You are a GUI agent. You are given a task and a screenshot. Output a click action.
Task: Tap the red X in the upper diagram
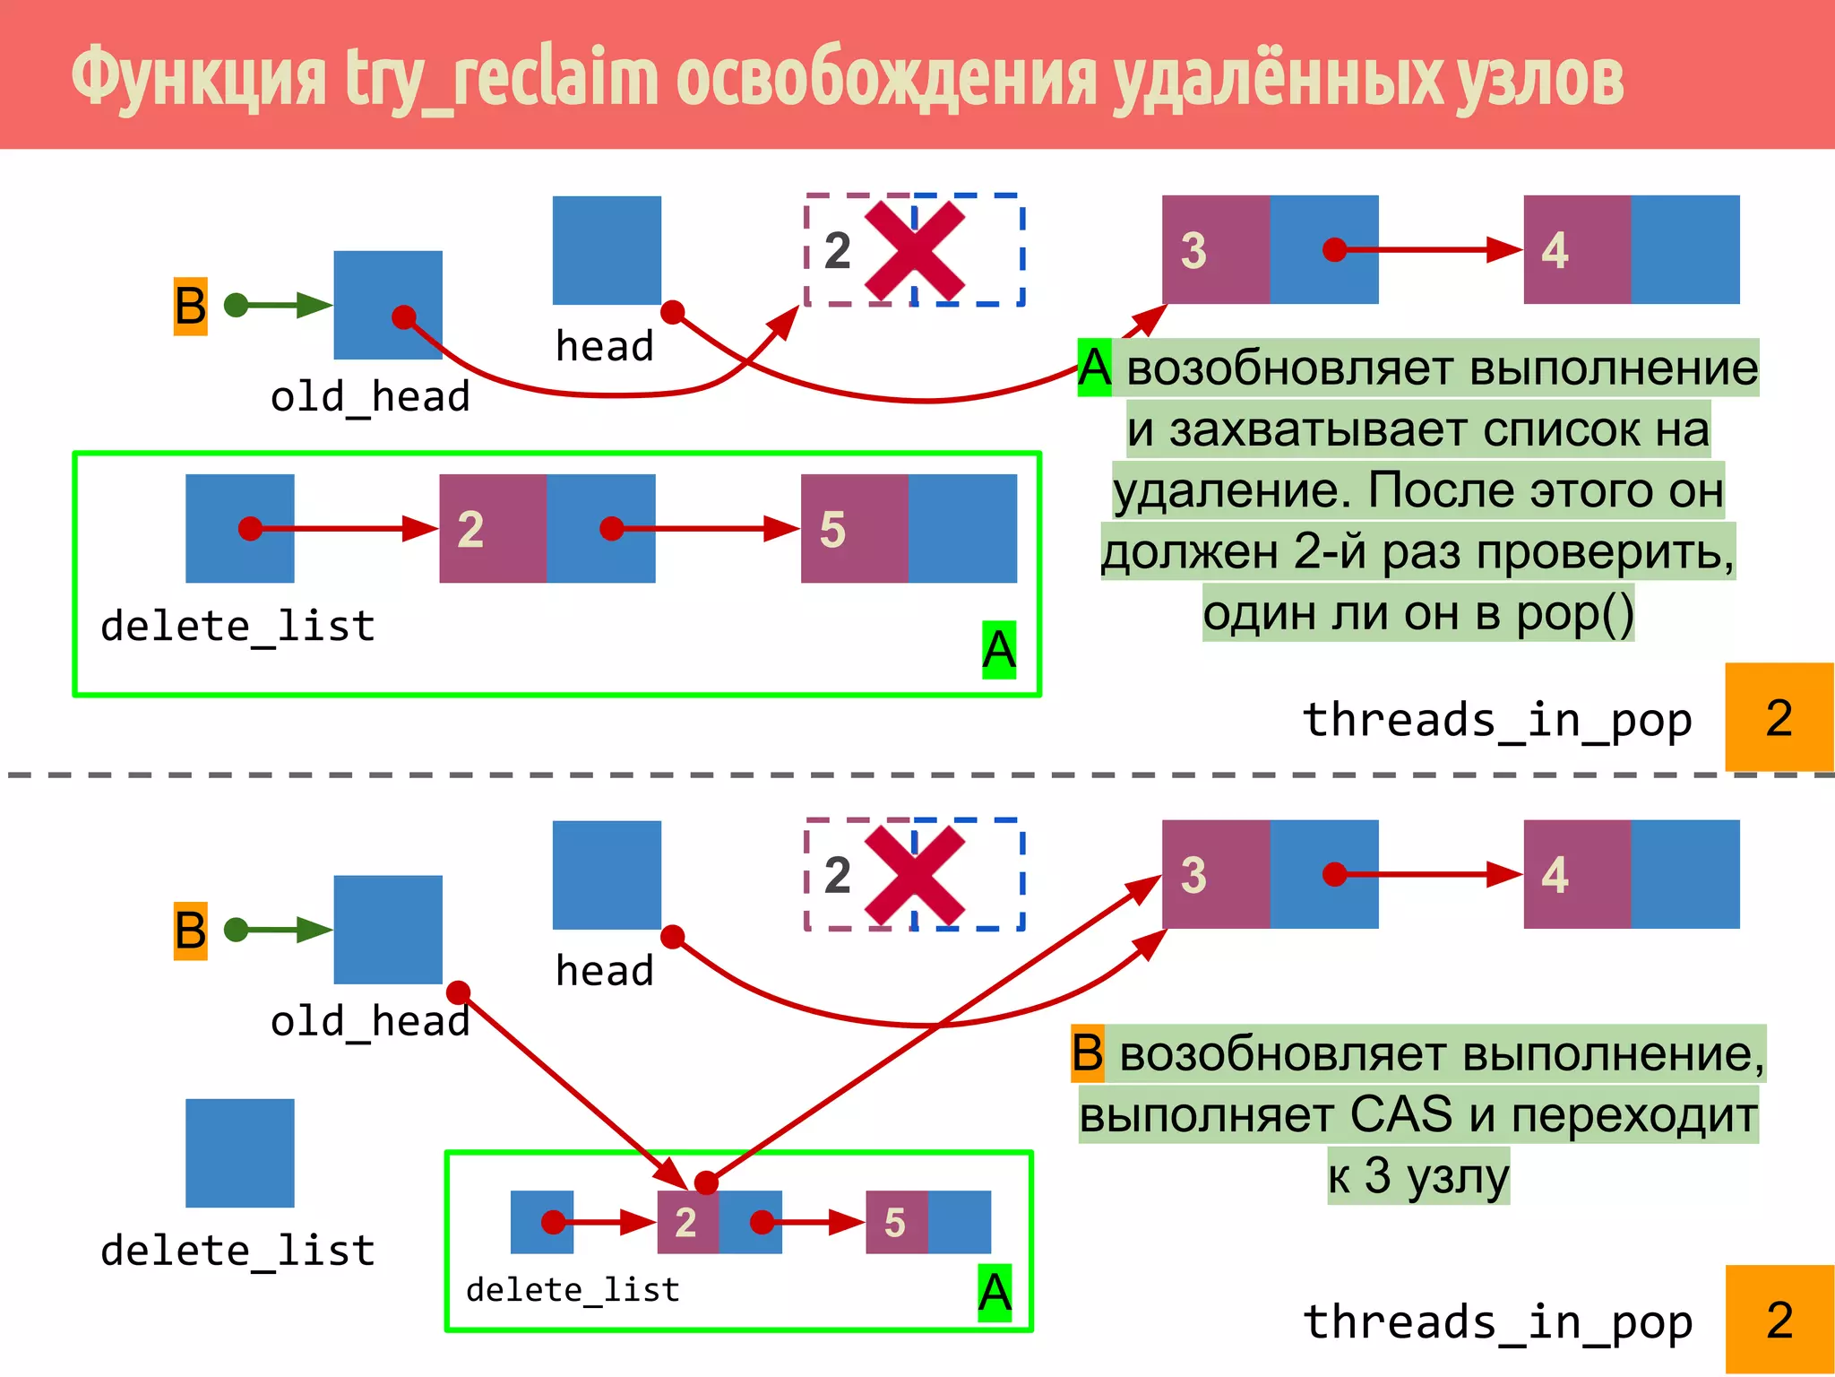click(x=915, y=250)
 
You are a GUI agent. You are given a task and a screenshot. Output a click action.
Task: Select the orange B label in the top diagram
click(x=190, y=306)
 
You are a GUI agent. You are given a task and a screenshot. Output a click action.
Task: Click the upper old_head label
click(x=370, y=396)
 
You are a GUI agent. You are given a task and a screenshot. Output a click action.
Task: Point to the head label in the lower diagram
click(x=605, y=971)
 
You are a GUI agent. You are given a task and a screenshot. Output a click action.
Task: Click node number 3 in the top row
click(x=1215, y=250)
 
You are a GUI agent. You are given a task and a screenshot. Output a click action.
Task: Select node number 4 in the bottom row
click(x=1577, y=874)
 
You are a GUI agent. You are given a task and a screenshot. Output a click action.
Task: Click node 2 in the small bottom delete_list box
click(x=687, y=1222)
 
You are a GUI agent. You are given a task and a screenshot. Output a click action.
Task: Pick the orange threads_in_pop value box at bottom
click(x=1779, y=1320)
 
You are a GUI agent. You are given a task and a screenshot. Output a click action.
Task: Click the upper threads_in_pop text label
click(x=1497, y=720)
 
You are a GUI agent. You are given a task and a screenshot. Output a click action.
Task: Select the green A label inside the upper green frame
click(x=998, y=649)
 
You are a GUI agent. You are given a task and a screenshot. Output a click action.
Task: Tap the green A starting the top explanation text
click(x=1094, y=368)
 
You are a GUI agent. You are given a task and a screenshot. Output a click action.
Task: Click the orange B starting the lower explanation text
click(x=1088, y=1052)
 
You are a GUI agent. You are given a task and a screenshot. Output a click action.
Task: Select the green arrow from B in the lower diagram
click(x=278, y=930)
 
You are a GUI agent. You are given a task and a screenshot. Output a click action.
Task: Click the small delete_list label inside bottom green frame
click(x=573, y=1289)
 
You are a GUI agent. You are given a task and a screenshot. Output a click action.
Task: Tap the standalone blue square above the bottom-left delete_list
click(x=239, y=1153)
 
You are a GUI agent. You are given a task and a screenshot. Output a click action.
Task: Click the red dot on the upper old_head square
click(x=404, y=316)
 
